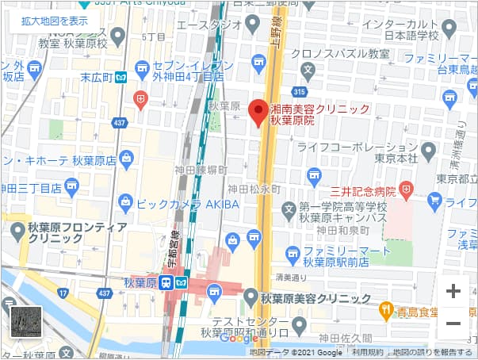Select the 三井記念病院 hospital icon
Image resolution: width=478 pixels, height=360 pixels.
click(x=406, y=189)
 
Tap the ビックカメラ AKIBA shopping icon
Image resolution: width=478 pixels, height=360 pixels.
click(x=124, y=203)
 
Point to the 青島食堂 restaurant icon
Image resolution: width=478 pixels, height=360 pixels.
click(x=385, y=309)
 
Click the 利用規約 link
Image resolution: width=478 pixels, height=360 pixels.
click(x=367, y=352)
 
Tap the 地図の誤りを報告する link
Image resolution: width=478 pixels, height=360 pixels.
click(x=433, y=352)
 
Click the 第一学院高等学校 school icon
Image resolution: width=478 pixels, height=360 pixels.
click(x=289, y=209)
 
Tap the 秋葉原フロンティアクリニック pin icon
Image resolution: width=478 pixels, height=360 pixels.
click(x=17, y=230)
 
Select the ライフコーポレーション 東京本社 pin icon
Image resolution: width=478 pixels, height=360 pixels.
click(x=428, y=150)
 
